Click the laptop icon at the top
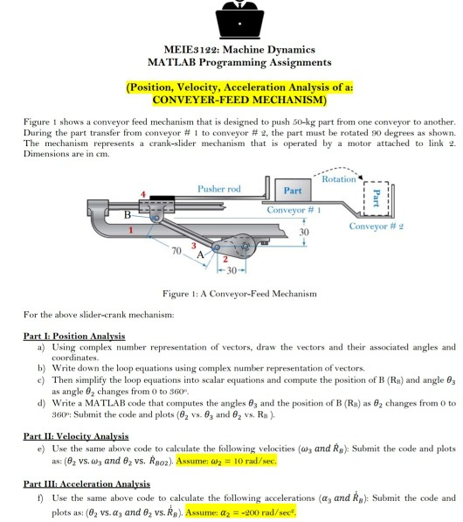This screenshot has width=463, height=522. click(x=239, y=21)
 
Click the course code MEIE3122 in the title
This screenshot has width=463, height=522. click(x=191, y=50)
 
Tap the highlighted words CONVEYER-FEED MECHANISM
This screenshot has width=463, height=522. click(x=239, y=100)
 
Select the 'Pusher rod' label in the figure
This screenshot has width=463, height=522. click(x=219, y=189)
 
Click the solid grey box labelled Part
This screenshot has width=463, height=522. click(x=293, y=190)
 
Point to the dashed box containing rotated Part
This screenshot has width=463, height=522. click(x=376, y=198)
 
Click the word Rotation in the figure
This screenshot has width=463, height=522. click(x=339, y=179)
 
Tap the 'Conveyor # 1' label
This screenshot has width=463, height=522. click(x=294, y=210)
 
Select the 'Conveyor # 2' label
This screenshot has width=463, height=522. click(x=377, y=226)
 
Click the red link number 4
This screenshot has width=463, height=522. click(x=143, y=194)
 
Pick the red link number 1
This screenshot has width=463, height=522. click(x=131, y=230)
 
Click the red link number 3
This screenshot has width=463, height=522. click(x=194, y=246)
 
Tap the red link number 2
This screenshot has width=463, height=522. click(x=225, y=260)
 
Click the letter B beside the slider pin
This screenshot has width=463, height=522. click(x=127, y=215)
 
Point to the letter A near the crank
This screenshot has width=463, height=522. click(x=200, y=255)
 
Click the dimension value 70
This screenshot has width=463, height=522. click(x=176, y=251)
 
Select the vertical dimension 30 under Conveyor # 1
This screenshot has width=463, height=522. click(x=304, y=232)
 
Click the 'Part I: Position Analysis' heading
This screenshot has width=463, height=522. click(x=74, y=336)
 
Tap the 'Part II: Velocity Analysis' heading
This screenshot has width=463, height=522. click(x=76, y=436)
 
